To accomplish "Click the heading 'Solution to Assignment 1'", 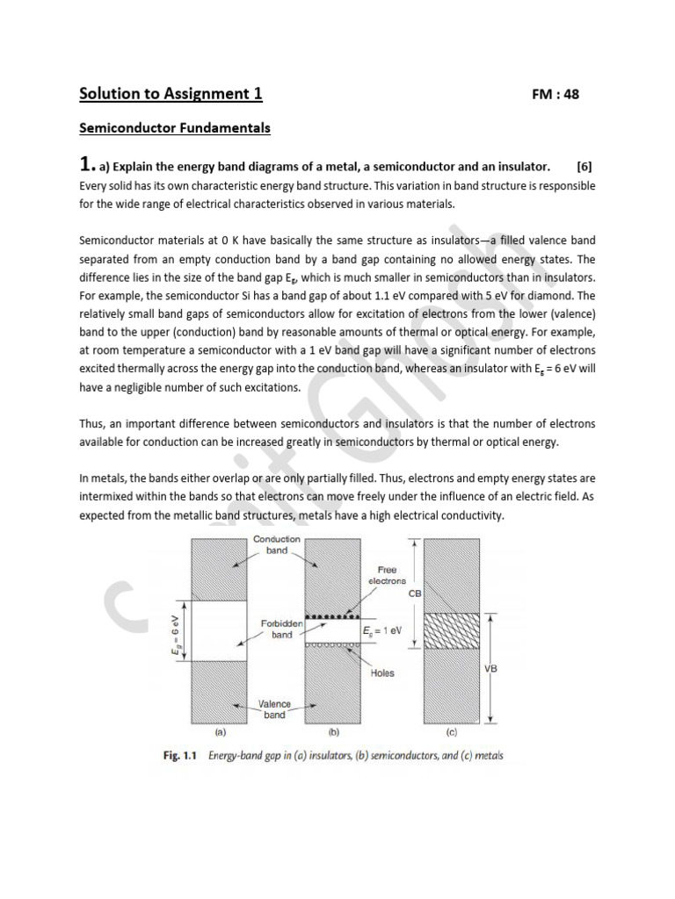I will (171, 94).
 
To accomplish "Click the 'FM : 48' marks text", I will (555, 95).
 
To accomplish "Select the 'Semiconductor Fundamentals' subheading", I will (175, 128).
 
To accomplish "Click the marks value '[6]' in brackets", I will (585, 167).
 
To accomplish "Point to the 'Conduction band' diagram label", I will (277, 544).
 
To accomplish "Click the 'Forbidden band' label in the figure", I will (282, 629).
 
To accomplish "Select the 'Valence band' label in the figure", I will (274, 709).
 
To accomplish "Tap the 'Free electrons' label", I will (388, 575).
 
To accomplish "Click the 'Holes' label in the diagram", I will (382, 673).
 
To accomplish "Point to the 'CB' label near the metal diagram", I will (415, 593).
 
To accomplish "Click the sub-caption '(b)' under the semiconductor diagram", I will (333, 730).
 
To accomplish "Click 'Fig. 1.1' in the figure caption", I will (181, 756).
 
